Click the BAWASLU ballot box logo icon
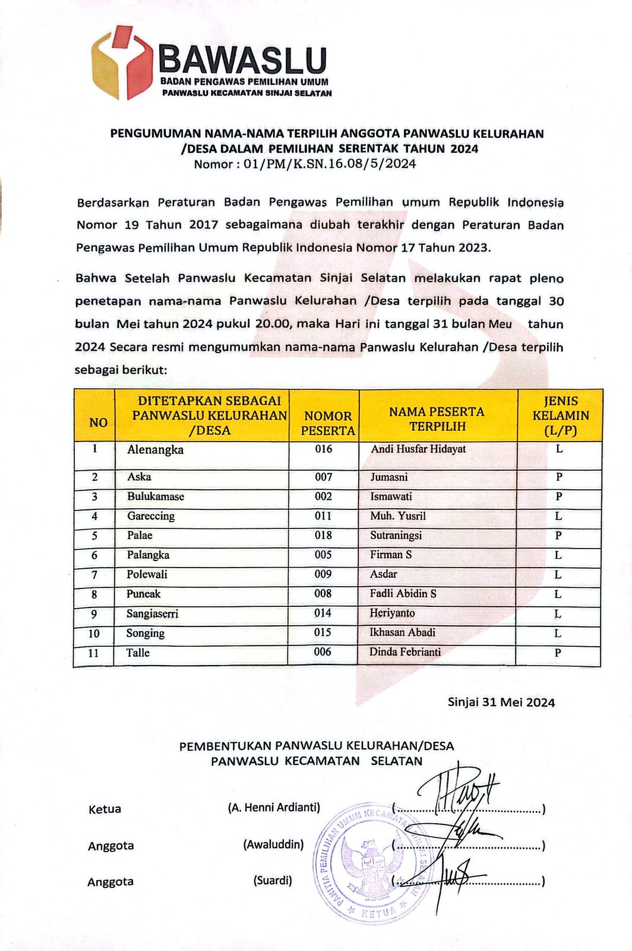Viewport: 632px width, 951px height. [122, 62]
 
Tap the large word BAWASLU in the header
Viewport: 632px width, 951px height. [243, 60]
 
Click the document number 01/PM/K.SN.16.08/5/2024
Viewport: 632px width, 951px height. [330, 164]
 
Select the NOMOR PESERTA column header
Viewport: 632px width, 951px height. [327, 423]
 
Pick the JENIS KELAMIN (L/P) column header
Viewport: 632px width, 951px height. [560, 415]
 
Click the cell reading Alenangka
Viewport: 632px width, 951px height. [155, 450]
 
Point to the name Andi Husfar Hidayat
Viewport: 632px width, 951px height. [418, 449]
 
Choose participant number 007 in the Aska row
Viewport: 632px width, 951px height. [324, 477]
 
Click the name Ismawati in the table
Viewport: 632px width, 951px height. [391, 497]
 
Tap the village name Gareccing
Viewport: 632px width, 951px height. [151, 516]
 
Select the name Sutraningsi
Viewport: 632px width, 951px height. [396, 536]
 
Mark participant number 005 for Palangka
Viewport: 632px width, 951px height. [323, 555]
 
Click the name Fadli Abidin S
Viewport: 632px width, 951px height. [403, 594]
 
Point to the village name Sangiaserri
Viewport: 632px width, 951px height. [152, 614]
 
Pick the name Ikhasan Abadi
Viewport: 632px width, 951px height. [402, 632]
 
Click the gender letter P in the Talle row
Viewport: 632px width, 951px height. [558, 653]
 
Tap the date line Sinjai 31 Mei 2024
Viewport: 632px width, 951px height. [501, 703]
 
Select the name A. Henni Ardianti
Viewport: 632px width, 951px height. [274, 808]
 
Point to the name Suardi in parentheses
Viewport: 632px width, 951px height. [273, 881]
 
